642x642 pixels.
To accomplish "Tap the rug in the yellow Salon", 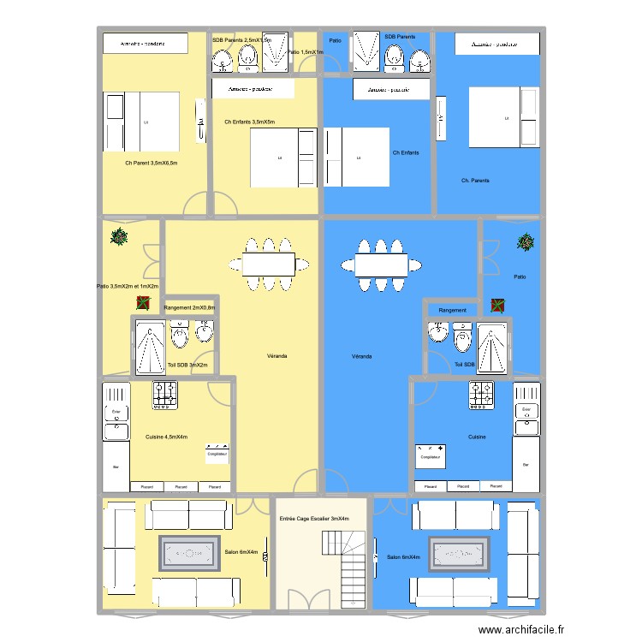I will pos(189,553).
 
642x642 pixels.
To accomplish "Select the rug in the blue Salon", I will pos(458,554).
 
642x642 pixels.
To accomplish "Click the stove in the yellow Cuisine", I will pos(165,394).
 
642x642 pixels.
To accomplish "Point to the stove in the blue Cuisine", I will pos(480,394).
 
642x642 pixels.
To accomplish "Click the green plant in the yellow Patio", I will pos(119,237).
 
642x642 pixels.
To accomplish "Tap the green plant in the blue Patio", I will pos(525,243).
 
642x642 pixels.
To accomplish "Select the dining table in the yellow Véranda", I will pos(269,265).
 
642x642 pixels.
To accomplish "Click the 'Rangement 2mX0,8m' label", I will pos(189,308).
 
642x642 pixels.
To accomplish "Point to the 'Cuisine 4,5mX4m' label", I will pos(166,437).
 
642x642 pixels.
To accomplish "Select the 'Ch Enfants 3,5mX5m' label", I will pos(250,122).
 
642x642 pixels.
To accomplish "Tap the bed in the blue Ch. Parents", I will pos(504,117).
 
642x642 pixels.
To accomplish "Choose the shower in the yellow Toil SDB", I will pos(150,347).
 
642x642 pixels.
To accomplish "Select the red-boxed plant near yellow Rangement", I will pos(142,302).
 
